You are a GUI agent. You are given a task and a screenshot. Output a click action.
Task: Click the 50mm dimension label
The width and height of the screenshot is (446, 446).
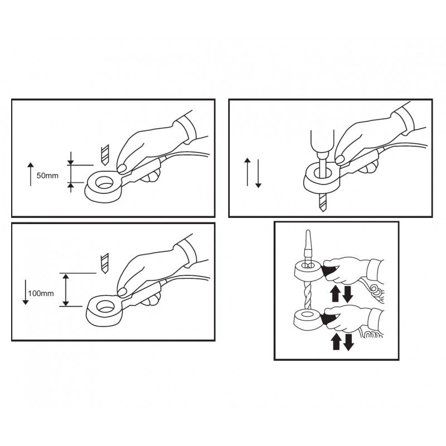pyautogui.click(x=47, y=176)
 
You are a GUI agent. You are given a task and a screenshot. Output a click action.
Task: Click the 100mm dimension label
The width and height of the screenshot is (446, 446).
pyautogui.click(x=41, y=293)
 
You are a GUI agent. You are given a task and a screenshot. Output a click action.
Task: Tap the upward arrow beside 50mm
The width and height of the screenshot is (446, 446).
pyautogui.click(x=31, y=174)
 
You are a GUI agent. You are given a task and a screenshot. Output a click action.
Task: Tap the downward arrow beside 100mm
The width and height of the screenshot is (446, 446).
pyautogui.click(x=25, y=292)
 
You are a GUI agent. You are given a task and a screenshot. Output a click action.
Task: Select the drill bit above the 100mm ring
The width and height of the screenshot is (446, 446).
pyautogui.click(x=105, y=263)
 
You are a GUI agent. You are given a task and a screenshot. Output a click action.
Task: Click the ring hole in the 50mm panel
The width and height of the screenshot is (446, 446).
pyautogui.click(x=104, y=182)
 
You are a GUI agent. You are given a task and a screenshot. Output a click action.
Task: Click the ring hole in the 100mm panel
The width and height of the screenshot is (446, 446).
pyautogui.click(x=105, y=307)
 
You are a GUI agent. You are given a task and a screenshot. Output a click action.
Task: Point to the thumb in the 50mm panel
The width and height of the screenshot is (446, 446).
pyautogui.click(x=123, y=169)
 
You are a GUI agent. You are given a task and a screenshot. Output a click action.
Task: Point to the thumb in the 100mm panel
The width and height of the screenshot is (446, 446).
pyautogui.click(x=122, y=292)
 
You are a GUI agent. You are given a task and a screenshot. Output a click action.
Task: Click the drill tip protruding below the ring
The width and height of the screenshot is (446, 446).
pyautogui.click(x=322, y=202)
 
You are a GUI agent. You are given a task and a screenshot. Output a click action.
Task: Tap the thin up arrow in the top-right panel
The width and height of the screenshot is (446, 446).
pyautogui.click(x=248, y=172)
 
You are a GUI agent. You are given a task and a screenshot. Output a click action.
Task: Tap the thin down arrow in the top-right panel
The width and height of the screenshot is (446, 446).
pyautogui.click(x=258, y=174)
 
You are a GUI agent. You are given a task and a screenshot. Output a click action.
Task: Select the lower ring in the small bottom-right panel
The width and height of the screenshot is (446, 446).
pyautogui.click(x=308, y=320)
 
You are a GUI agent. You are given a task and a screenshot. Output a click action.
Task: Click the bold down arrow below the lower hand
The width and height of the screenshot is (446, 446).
pyautogui.click(x=348, y=342)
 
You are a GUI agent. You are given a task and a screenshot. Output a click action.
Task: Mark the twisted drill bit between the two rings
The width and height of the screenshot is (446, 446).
pyautogui.click(x=308, y=295)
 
